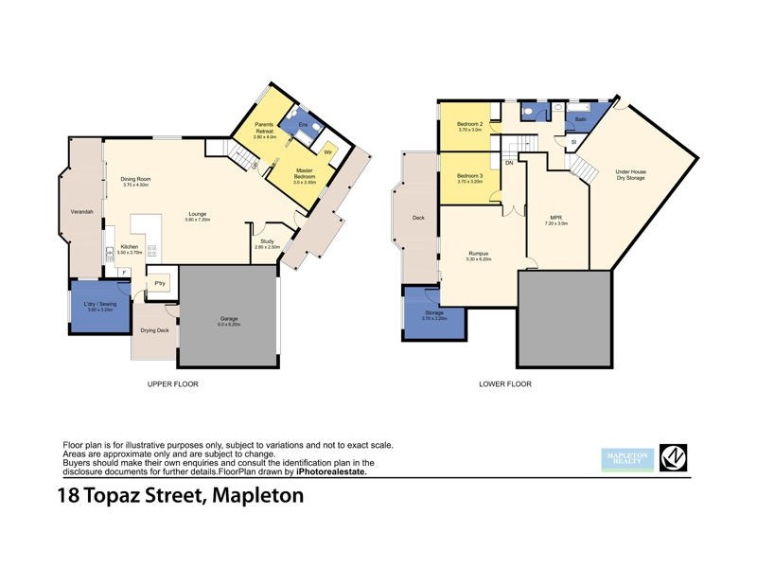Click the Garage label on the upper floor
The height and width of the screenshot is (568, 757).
point(228,319)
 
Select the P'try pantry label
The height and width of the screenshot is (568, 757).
point(160,283)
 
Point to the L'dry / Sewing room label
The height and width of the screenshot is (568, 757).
point(100,304)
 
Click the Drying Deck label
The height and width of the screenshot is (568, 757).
point(154,330)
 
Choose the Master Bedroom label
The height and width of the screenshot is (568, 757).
point(305,173)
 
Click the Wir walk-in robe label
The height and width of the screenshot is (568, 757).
point(328,151)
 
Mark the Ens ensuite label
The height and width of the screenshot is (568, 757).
point(303,124)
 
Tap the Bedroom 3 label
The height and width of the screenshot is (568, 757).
point(470,176)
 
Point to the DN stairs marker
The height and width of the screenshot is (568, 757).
point(509,163)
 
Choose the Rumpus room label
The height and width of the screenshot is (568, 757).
point(478,254)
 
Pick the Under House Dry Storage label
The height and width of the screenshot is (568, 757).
point(631,174)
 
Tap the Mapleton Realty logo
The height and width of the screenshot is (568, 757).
point(627,458)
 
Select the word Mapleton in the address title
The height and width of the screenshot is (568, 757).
point(258,496)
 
